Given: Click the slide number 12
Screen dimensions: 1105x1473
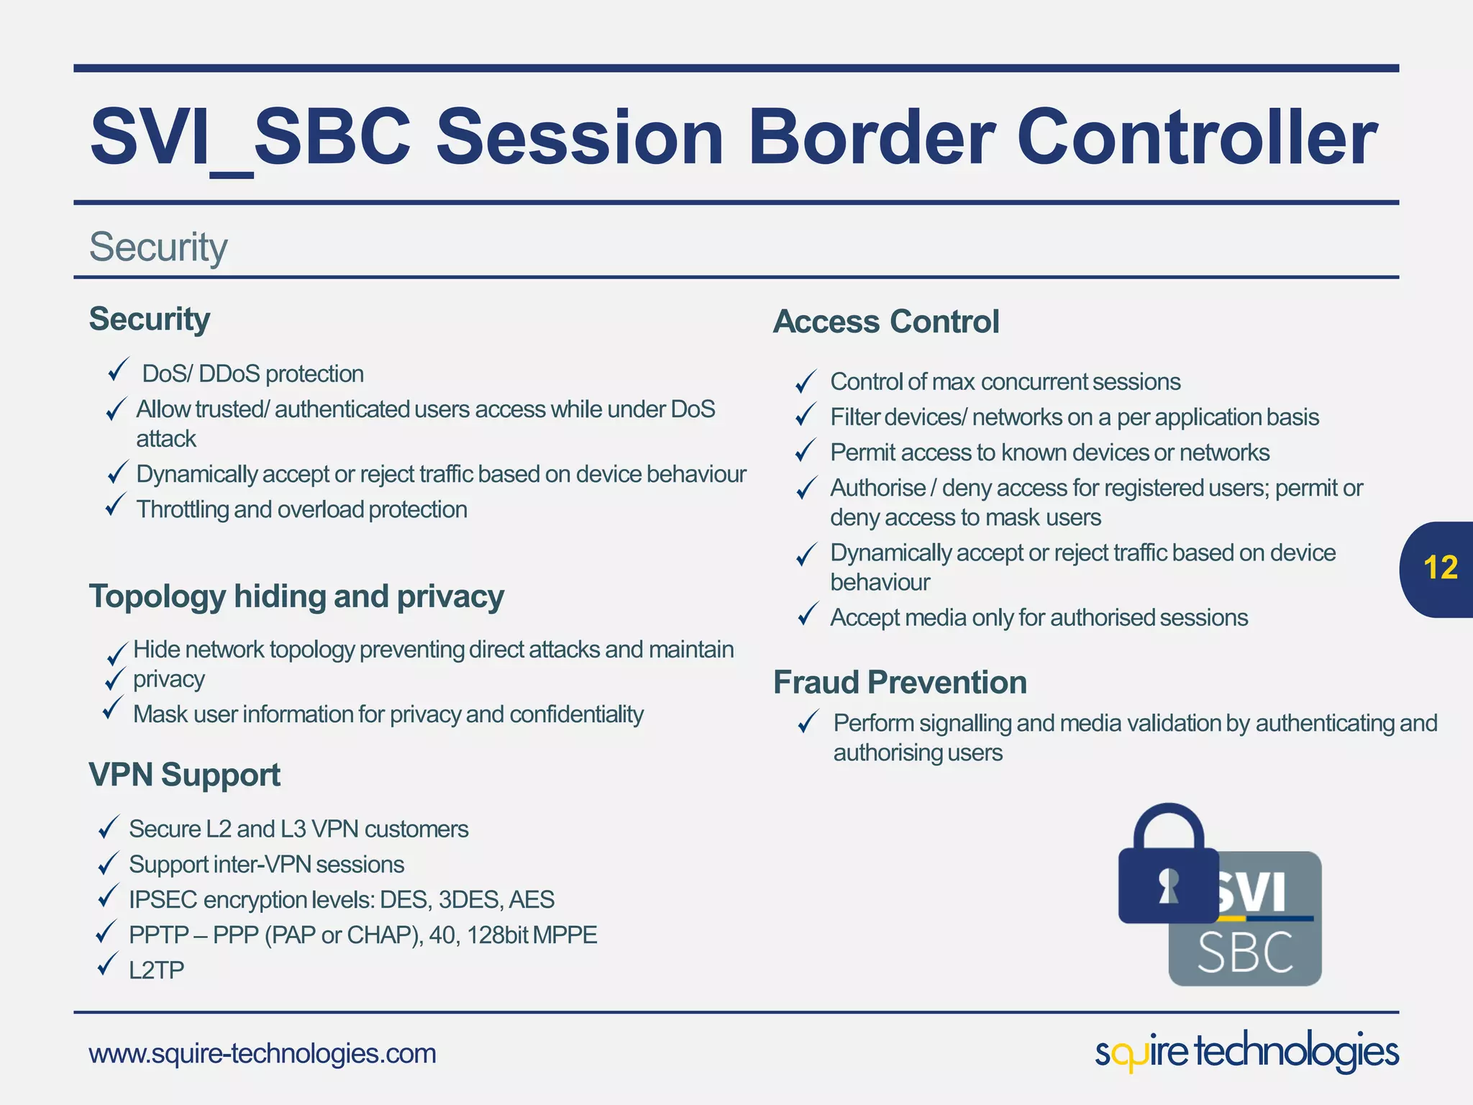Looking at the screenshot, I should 1440,568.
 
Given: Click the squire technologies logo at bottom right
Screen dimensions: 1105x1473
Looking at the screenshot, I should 1246,1052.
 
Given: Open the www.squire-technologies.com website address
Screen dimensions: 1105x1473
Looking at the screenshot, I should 263,1053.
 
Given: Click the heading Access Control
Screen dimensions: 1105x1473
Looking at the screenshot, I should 886,322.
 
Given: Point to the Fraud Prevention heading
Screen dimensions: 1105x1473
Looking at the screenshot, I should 900,682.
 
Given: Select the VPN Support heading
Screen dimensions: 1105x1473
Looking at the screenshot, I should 184,775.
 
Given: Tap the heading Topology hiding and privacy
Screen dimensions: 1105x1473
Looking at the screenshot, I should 296,596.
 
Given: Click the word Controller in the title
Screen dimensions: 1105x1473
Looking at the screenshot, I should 1196,137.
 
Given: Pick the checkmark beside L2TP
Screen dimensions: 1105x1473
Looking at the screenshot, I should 107,964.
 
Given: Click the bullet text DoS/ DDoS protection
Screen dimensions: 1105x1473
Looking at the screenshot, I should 252,374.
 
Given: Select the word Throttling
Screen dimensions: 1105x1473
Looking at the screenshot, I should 182,509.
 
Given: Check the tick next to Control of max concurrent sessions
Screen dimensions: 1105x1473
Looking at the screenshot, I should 806,381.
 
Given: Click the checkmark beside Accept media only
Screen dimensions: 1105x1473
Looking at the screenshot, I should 808,615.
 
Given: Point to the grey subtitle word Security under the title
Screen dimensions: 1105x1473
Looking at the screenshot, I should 158,247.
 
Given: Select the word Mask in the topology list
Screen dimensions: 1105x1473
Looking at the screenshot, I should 160,714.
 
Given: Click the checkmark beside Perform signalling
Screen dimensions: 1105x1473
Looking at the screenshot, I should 808,721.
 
